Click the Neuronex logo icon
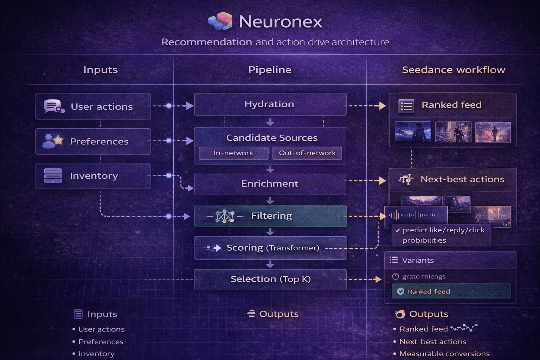(220, 21)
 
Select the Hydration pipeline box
(270, 104)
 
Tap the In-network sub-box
(233, 153)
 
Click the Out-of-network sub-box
(307, 153)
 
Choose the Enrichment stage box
(270, 184)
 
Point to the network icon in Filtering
(225, 216)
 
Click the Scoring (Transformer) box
(270, 248)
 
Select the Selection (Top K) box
(270, 279)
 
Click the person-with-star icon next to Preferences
(53, 141)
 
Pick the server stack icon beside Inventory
(53, 175)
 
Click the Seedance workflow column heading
(454, 70)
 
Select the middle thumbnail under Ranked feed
(453, 132)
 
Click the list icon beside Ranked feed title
(406, 105)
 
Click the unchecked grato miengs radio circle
(396, 277)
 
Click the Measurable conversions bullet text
(444, 354)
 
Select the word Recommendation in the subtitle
(207, 42)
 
